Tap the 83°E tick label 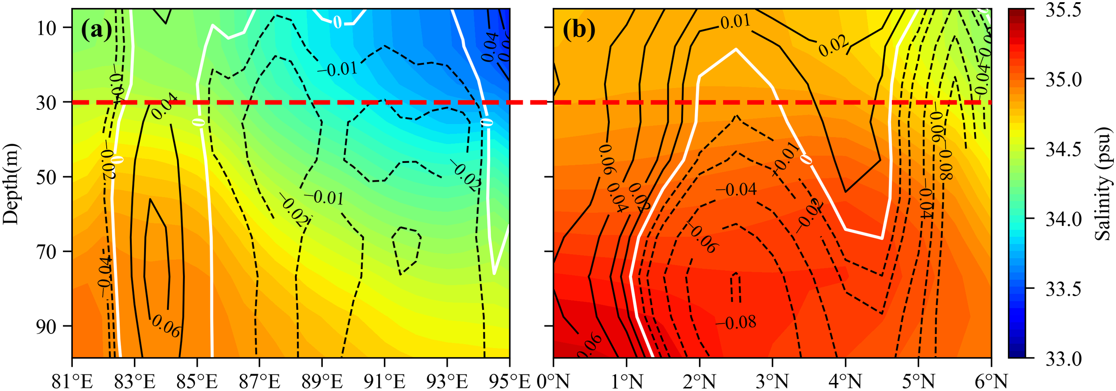click(x=135, y=382)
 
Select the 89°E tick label click(x=322, y=382)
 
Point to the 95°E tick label click(x=509, y=382)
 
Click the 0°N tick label click(x=553, y=382)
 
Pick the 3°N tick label click(x=772, y=382)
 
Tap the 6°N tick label click(x=991, y=382)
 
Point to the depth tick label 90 click(x=46, y=327)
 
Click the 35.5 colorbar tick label click(x=1063, y=10)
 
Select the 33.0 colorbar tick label click(x=1063, y=358)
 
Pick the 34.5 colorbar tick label click(x=1063, y=149)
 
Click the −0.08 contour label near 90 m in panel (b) click(x=736, y=322)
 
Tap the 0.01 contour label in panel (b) click(x=735, y=21)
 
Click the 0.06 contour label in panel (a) click(x=166, y=326)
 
